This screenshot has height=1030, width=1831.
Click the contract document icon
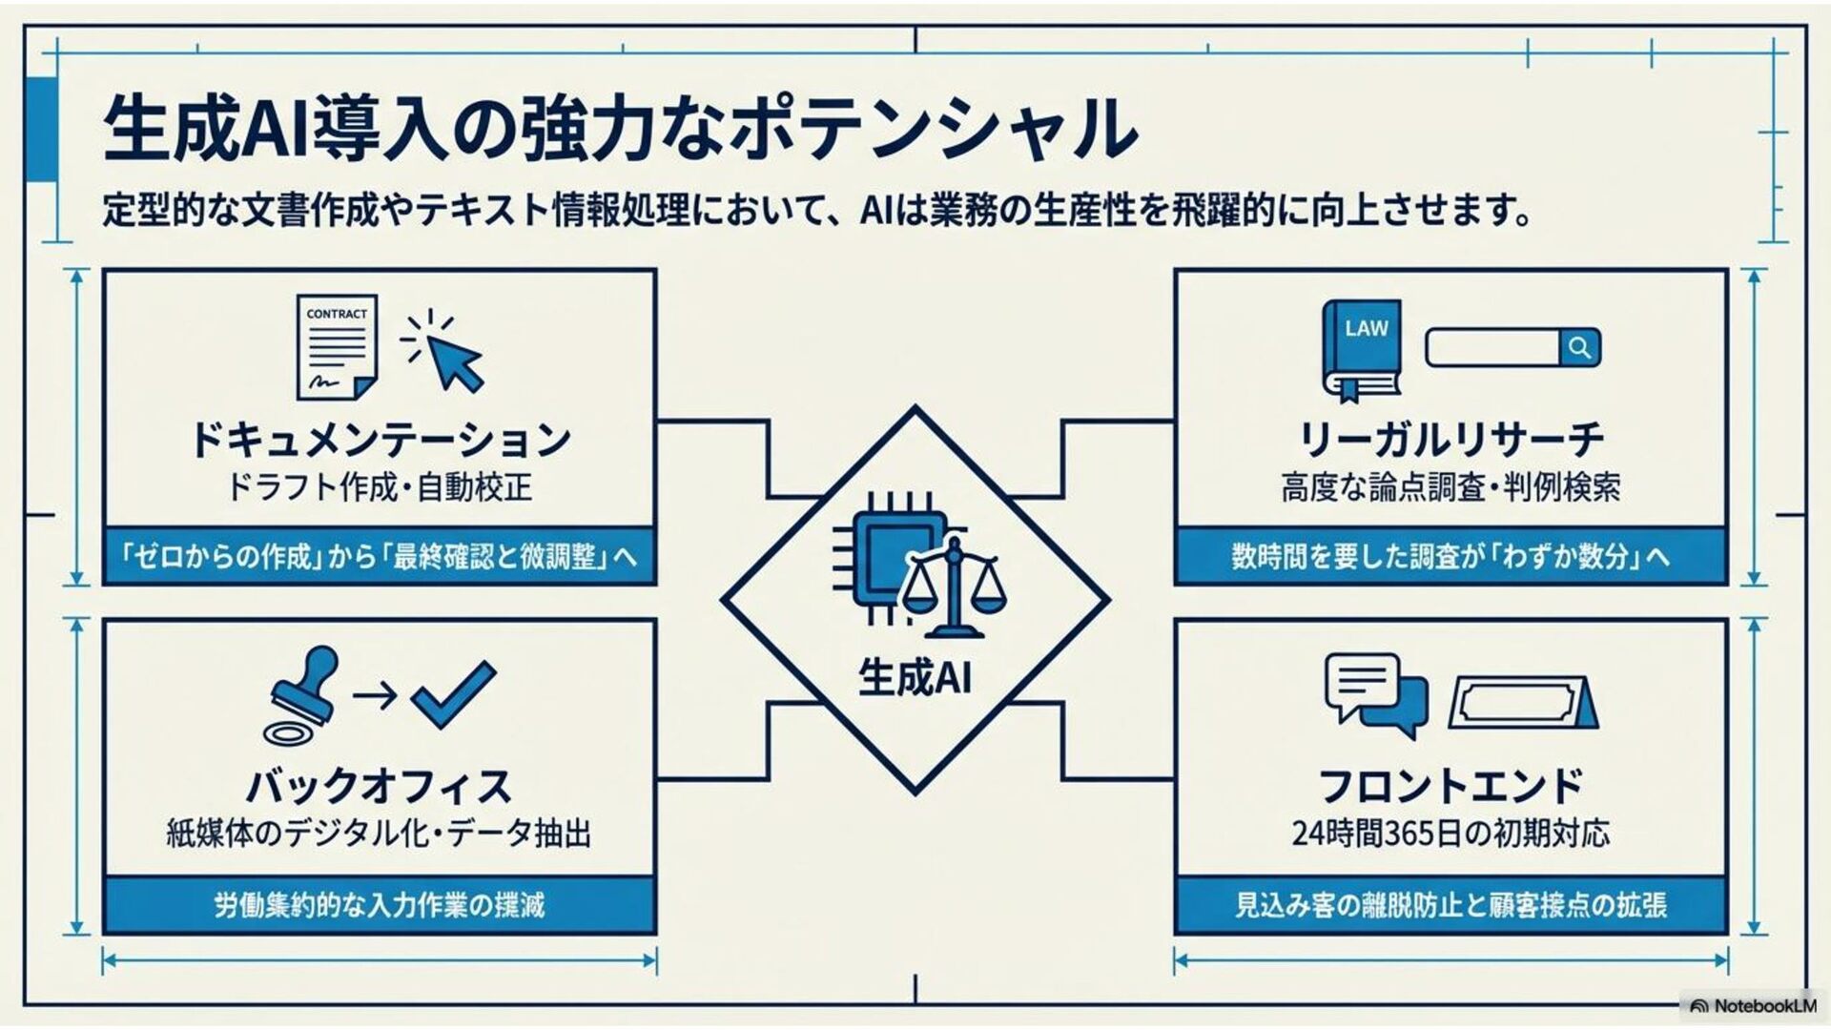(x=337, y=347)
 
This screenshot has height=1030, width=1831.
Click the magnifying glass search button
(x=1579, y=348)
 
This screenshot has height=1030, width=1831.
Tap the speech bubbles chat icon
(x=1376, y=694)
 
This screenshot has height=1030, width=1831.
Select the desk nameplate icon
(x=1523, y=704)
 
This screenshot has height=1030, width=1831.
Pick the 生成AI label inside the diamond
(x=915, y=677)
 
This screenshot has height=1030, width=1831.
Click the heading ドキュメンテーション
(x=380, y=441)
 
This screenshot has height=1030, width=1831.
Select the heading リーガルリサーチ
(x=1450, y=441)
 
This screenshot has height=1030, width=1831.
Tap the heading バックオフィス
(x=380, y=787)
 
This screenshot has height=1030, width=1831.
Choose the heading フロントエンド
(x=1450, y=787)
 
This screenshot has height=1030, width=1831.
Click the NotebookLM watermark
(x=1754, y=1006)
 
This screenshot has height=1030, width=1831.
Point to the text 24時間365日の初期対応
(x=1450, y=834)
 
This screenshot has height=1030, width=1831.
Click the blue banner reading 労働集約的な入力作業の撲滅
(x=380, y=904)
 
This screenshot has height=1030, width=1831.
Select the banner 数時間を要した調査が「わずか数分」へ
(x=1450, y=556)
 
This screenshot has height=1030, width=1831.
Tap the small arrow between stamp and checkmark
(x=375, y=695)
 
